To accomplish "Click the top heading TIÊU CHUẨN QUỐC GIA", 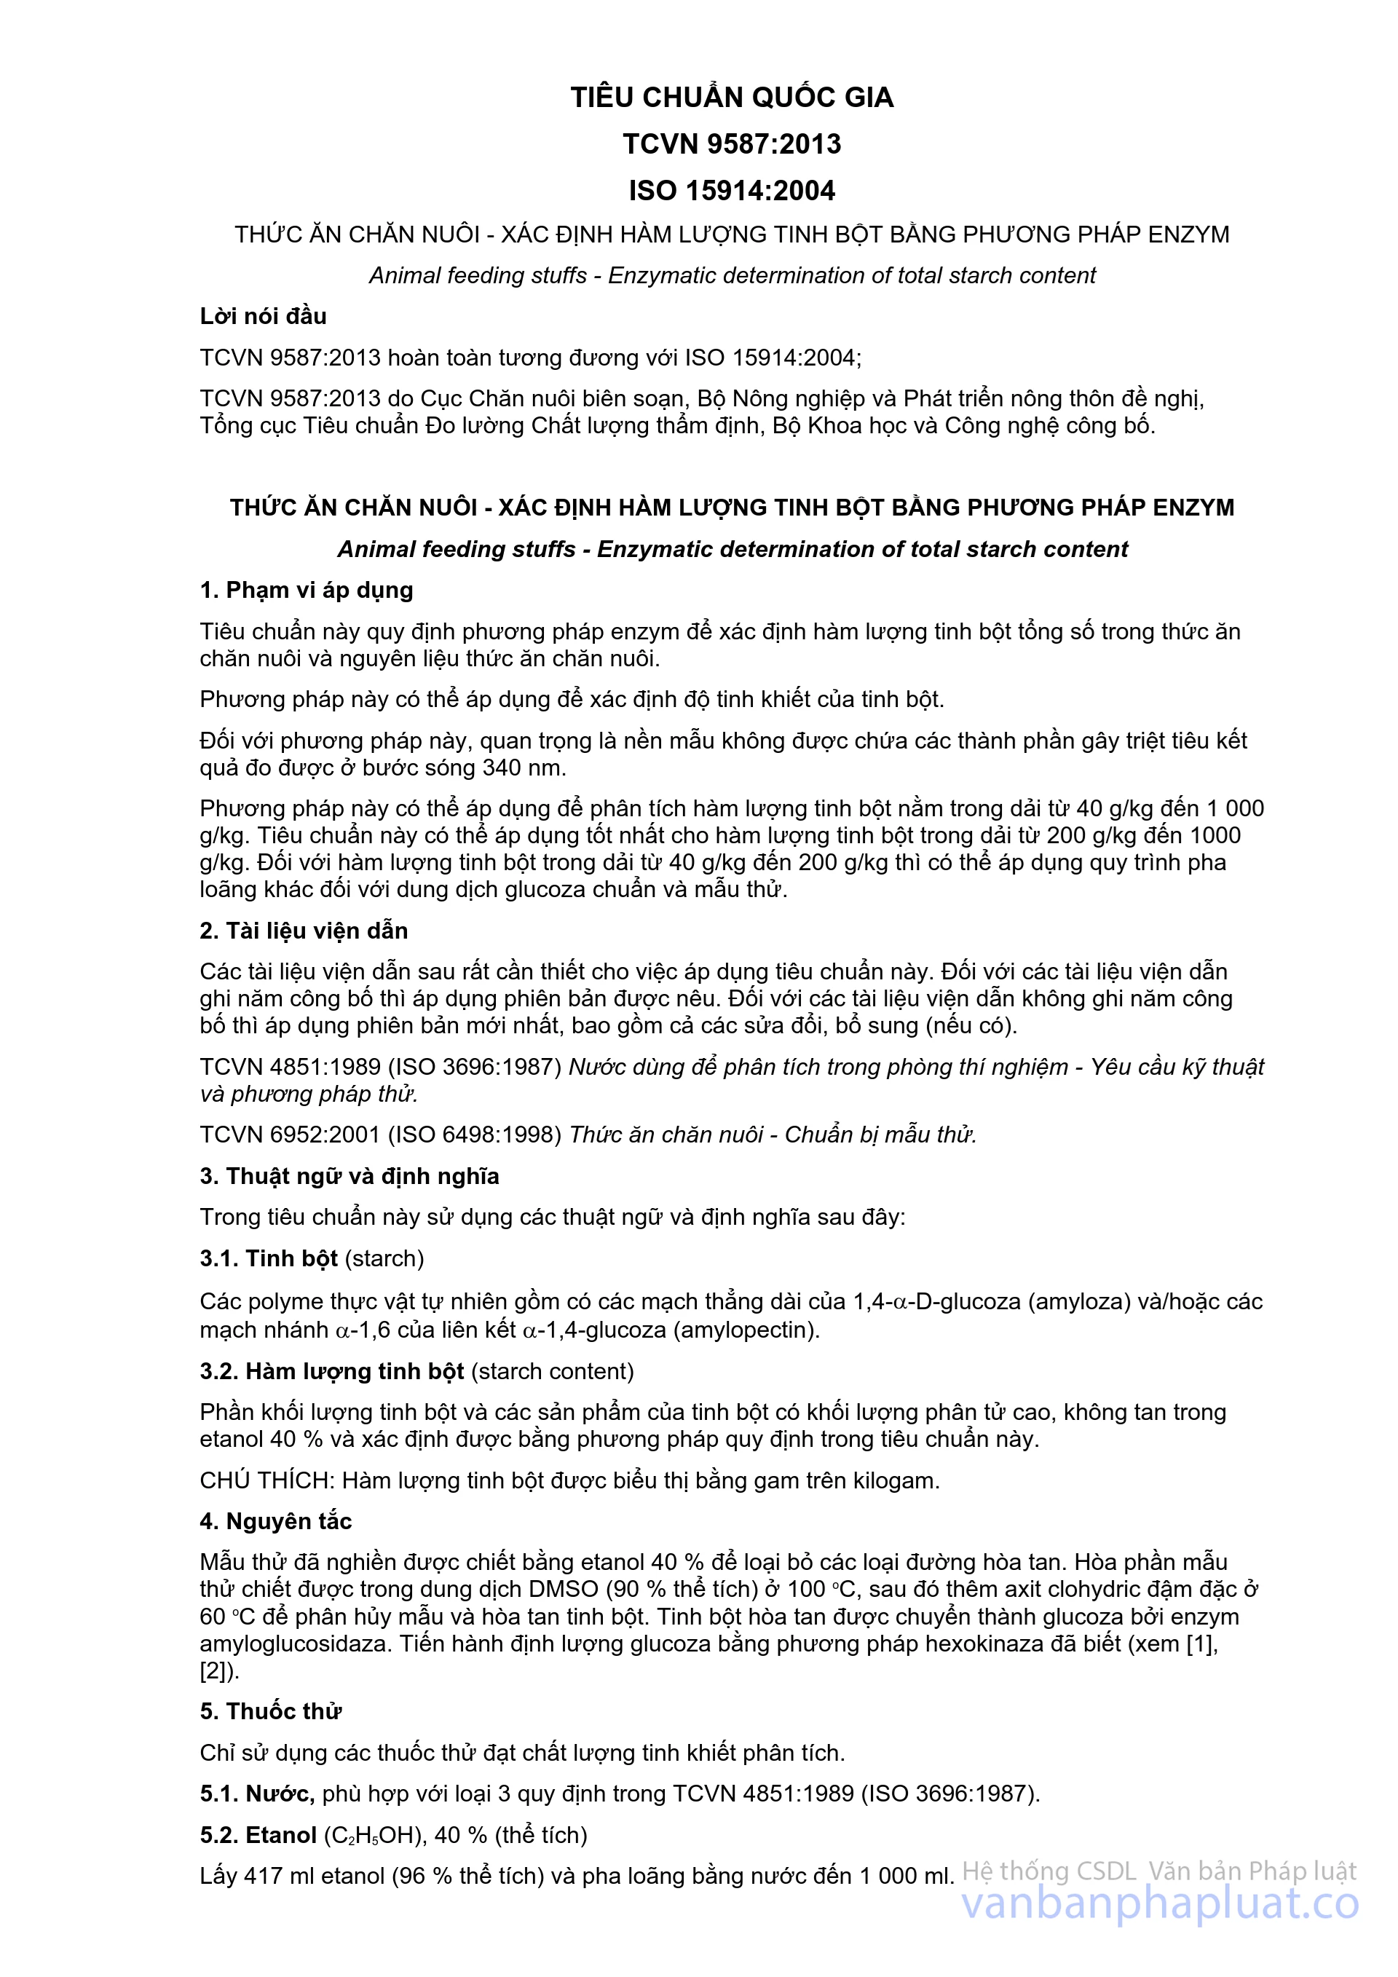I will [732, 98].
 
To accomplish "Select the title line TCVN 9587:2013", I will [732, 143].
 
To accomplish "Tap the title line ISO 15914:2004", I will [732, 190].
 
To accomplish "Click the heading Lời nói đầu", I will [263, 316].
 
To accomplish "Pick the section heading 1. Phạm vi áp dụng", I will [307, 590].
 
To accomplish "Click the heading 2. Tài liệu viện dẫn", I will [303, 930].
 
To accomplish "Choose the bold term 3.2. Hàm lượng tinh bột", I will [331, 1371].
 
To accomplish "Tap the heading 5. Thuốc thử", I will [270, 1711].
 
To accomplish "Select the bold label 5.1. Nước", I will [256, 1793].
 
